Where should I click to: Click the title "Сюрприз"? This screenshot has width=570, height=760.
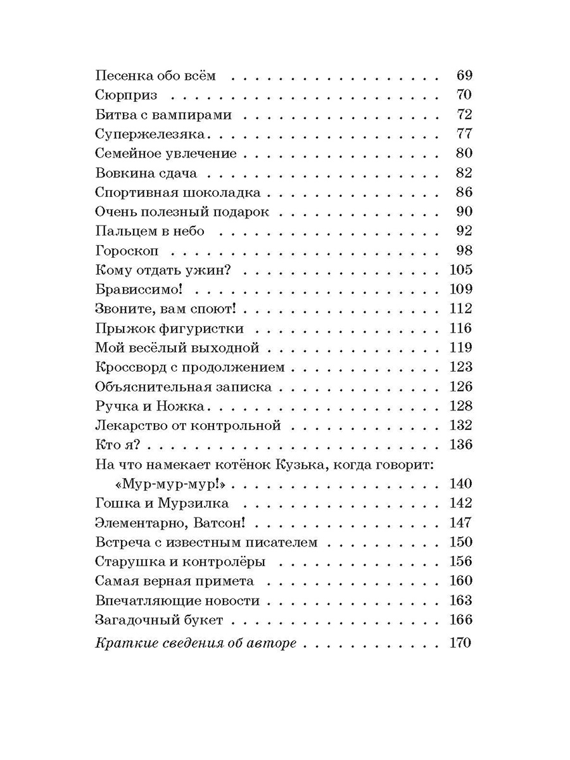[127, 96]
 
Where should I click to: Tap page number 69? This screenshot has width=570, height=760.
[464, 76]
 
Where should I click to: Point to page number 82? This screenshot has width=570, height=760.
[464, 173]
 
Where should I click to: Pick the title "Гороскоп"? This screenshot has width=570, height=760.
[129, 251]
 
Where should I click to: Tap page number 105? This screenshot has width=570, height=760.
[460, 270]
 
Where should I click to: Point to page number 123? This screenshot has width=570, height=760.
[460, 367]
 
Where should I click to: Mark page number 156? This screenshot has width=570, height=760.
[460, 562]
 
